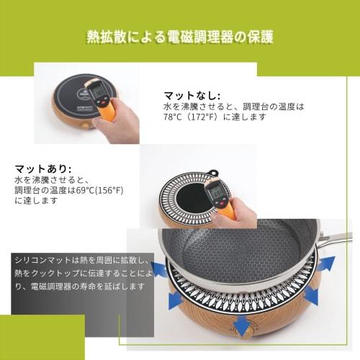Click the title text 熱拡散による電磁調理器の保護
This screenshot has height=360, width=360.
179,36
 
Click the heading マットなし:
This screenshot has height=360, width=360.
189,94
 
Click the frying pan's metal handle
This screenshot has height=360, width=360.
336,238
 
